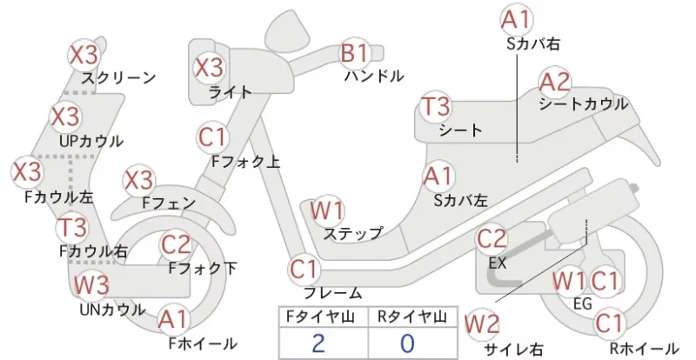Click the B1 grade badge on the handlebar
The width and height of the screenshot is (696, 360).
pos(354,53)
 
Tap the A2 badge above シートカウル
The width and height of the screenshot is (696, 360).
pos(554,83)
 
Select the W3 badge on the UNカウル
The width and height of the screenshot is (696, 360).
pos(91,284)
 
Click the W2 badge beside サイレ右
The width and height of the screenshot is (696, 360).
pos(482,325)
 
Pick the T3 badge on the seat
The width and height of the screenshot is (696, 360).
pos(436,107)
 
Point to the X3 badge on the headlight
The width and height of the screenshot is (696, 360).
pos(209,68)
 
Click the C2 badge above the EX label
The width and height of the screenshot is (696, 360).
pos(492,239)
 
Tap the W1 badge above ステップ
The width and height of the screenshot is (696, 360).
pos(327,210)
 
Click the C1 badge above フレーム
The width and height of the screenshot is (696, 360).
pos(304,269)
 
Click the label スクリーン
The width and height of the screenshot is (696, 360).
pos(119,78)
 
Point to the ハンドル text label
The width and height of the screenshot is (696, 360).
pos(374,76)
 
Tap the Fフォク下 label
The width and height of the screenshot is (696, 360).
pos(203,268)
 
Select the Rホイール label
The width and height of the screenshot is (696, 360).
pos(644,349)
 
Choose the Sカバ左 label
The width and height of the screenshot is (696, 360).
pos(461,201)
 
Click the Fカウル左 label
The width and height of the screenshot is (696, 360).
pos(59,197)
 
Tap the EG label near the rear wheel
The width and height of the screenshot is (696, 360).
pos(583,303)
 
